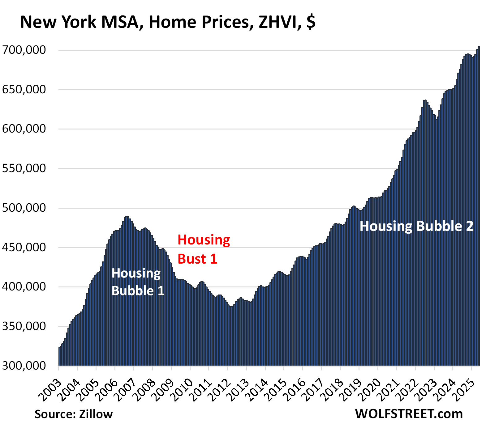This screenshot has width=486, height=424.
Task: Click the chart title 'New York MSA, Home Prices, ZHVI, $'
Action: (x=167, y=22)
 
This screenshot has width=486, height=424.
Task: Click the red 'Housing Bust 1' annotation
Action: (x=203, y=249)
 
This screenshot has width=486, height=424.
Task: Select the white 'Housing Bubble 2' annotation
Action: (x=416, y=226)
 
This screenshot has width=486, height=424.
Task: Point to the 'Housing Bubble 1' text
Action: (x=138, y=282)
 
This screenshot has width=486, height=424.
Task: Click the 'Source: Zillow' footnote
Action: (x=74, y=414)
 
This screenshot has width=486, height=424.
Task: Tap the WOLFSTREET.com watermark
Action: (x=409, y=413)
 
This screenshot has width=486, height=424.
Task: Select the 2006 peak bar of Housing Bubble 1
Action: (x=127, y=290)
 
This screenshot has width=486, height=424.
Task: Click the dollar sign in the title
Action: (x=311, y=22)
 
